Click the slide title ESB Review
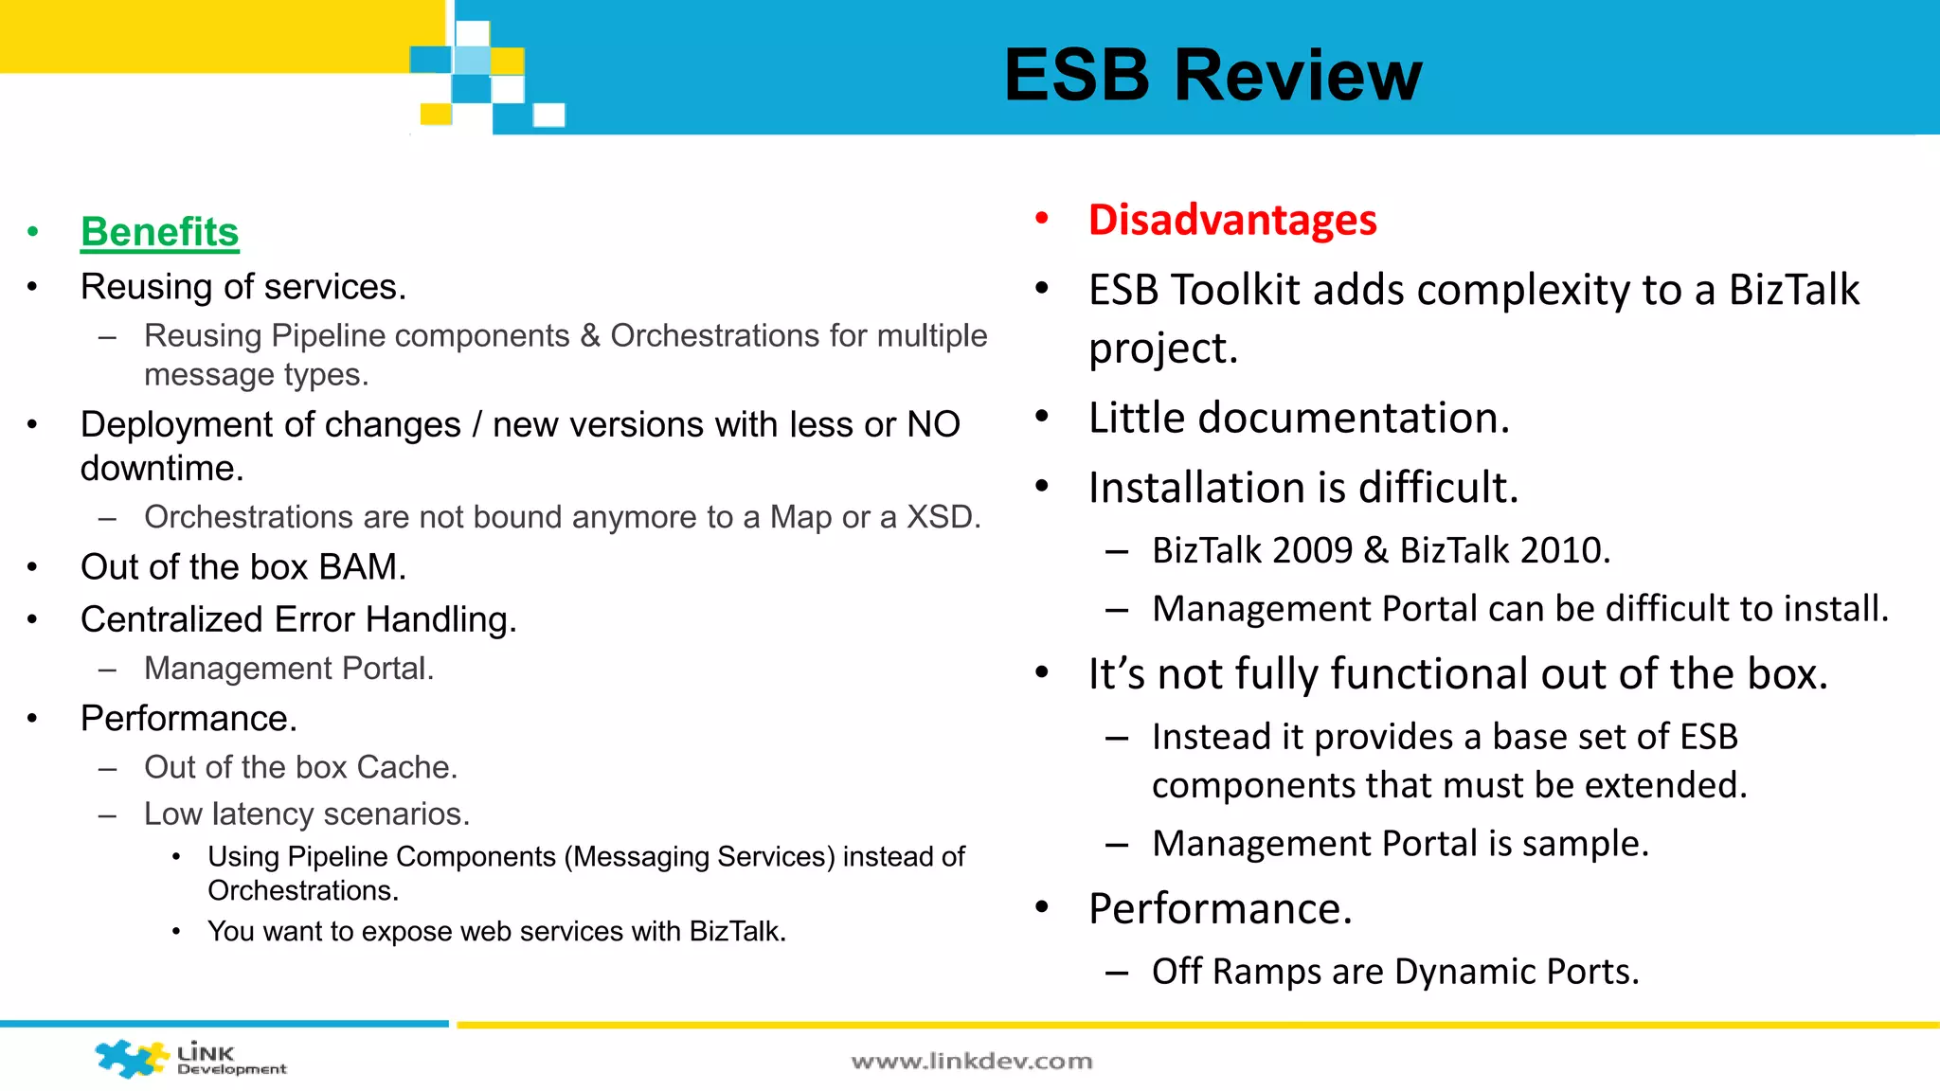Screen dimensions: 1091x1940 pos(1212,76)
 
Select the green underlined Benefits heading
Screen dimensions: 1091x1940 pos(159,232)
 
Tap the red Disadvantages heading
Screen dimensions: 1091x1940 pos(1231,220)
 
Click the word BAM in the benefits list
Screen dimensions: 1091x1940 pos(362,567)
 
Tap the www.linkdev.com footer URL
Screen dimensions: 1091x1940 pos(972,1061)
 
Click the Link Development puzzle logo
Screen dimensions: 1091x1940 pos(133,1058)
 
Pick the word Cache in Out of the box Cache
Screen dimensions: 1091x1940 pos(406,767)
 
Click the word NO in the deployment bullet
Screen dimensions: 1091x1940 pos(933,425)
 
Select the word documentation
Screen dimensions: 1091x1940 pos(1353,418)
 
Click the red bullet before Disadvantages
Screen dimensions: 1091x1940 pos(1042,219)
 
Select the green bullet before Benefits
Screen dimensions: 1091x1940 pos(33,232)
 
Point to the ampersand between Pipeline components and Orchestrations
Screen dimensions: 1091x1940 pos(589,335)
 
